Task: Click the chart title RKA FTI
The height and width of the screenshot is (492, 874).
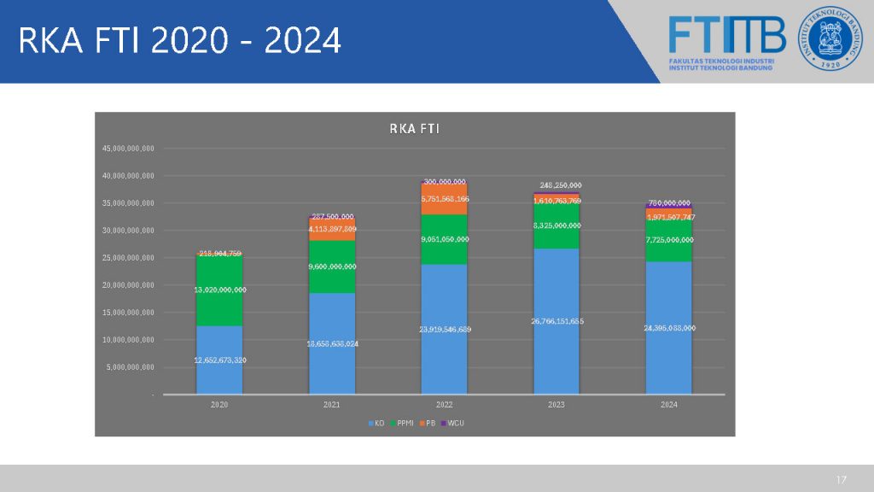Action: tap(414, 129)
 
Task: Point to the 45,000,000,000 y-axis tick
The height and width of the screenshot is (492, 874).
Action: tap(128, 149)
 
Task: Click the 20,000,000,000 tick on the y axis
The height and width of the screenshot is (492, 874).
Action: tap(128, 285)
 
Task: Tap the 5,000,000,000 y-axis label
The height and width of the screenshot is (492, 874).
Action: tap(131, 367)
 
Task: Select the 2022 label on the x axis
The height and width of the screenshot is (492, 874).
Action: tap(444, 405)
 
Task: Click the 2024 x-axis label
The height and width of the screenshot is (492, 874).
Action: tap(668, 405)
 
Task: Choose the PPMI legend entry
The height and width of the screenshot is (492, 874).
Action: tap(400, 423)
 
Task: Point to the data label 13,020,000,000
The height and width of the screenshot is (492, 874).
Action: tap(219, 290)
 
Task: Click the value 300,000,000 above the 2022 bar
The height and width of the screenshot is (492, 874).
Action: tap(444, 182)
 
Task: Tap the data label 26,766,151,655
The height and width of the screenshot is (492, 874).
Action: tap(556, 321)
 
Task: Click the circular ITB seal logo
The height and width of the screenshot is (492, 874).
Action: tap(830, 39)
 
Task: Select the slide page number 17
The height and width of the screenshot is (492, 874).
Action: tap(842, 478)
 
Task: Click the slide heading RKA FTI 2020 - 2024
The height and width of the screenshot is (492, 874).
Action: tap(179, 40)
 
